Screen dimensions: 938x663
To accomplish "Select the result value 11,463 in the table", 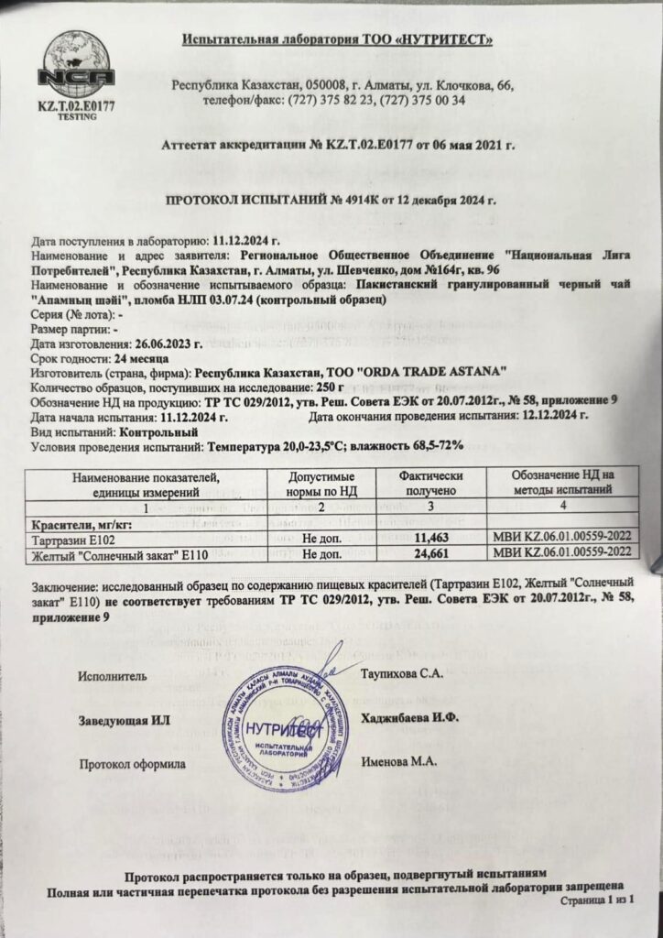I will coord(434,540).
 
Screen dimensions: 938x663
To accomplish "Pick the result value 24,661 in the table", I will coord(434,554).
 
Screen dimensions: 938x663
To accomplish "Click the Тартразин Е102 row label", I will coord(70,541).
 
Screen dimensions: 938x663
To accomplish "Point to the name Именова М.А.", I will coord(399,760).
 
